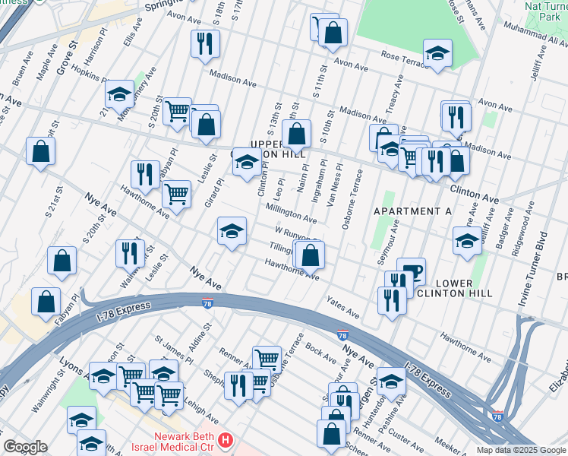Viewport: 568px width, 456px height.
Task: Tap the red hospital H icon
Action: [225, 440]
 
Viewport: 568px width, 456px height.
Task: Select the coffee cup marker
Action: [411, 271]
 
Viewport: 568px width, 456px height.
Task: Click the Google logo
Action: [25, 447]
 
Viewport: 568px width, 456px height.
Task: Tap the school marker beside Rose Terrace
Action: [437, 54]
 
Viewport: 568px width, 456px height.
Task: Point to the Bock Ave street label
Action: [320, 353]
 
